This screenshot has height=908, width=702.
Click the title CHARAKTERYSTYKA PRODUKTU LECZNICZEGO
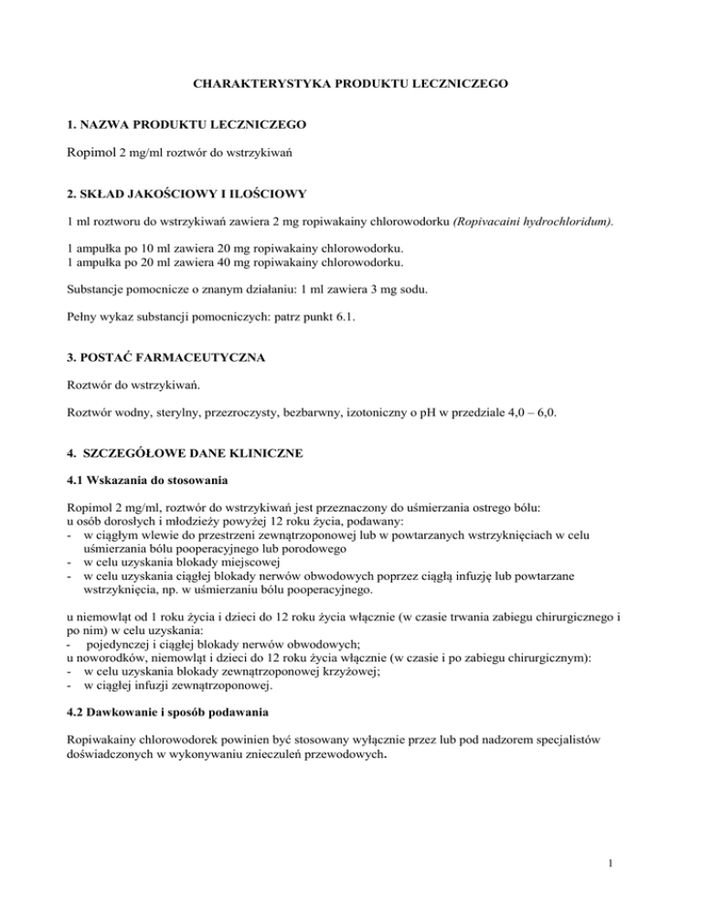pos(350,84)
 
